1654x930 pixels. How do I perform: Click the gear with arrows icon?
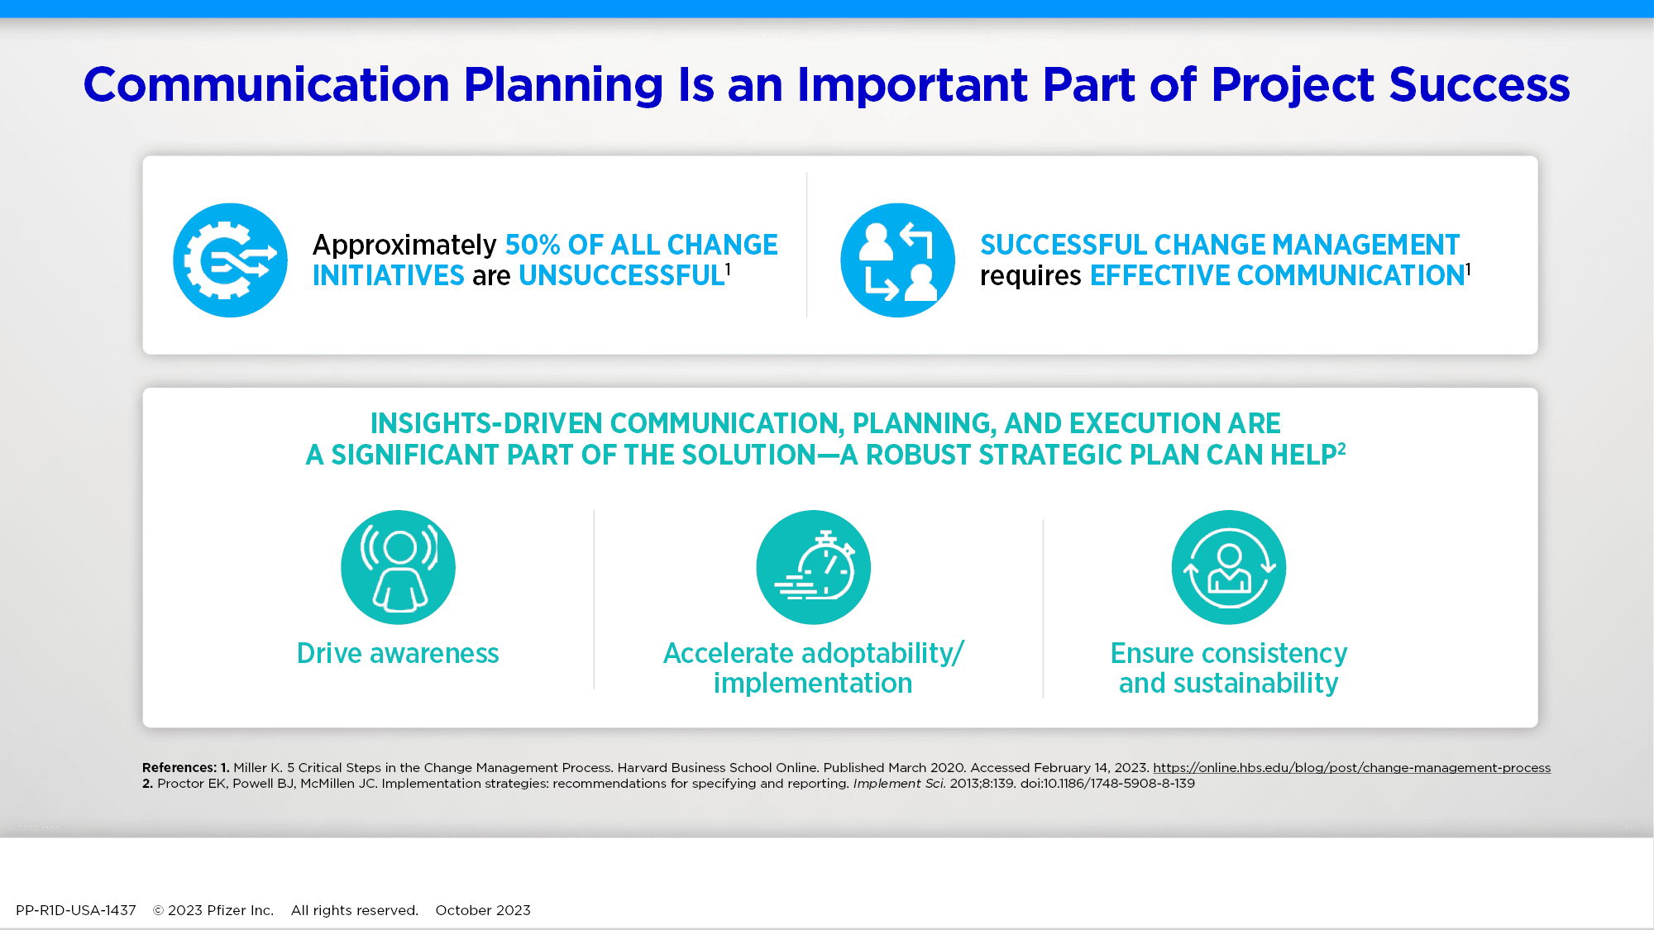(x=230, y=260)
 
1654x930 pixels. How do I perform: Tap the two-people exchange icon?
(x=897, y=260)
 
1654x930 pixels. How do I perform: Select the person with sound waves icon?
(x=398, y=567)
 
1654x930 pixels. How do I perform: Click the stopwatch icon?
(x=813, y=567)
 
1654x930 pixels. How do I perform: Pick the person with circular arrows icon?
(x=1229, y=567)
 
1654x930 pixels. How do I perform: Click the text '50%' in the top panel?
(x=533, y=245)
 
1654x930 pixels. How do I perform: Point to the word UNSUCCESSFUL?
(x=622, y=275)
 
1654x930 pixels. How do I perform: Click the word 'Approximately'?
(x=404, y=246)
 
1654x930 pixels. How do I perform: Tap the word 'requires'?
(x=1030, y=277)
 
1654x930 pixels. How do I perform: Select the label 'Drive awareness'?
(x=398, y=653)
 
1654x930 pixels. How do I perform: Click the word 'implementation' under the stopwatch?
(x=813, y=684)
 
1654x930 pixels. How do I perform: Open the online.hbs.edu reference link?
(x=1352, y=768)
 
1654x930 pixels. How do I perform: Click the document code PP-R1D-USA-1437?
(x=76, y=910)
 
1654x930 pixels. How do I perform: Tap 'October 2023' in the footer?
(x=483, y=910)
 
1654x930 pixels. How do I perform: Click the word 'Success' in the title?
(x=1480, y=85)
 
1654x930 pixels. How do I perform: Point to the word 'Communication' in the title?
(x=266, y=85)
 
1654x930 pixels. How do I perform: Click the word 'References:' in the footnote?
(x=179, y=768)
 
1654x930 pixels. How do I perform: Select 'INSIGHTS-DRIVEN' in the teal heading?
(x=486, y=423)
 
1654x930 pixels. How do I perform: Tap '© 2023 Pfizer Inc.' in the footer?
(x=213, y=910)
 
